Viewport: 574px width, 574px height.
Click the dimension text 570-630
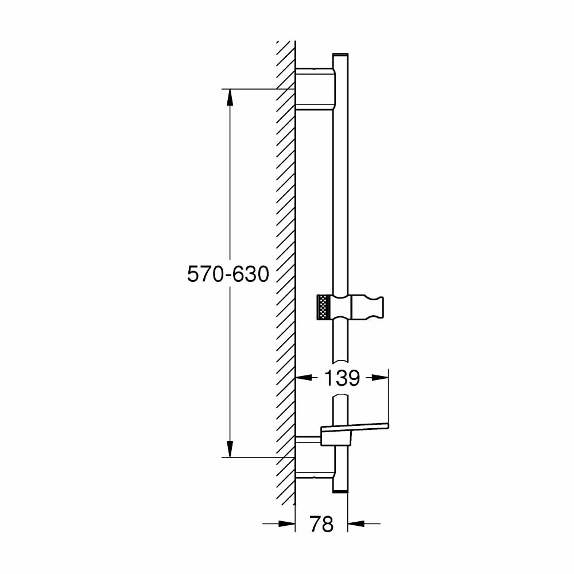[x=228, y=274]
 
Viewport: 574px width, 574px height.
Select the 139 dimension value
[x=342, y=378]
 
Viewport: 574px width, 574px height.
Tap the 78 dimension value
[x=321, y=523]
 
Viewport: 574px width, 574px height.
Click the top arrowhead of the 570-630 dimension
[x=230, y=98]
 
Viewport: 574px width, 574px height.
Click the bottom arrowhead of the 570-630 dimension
[x=230, y=448]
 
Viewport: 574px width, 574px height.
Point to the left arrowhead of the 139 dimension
[x=303, y=378]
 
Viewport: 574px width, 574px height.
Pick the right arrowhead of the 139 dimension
[x=381, y=378]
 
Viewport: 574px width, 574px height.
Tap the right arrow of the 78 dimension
[x=357, y=523]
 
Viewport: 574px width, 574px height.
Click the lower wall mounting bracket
[x=314, y=474]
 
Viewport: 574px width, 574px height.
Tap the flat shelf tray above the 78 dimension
[x=356, y=427]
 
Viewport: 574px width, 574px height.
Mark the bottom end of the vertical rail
[x=340, y=489]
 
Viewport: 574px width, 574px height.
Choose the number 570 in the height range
[x=204, y=274]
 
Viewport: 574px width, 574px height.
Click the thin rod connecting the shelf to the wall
[x=309, y=439]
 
